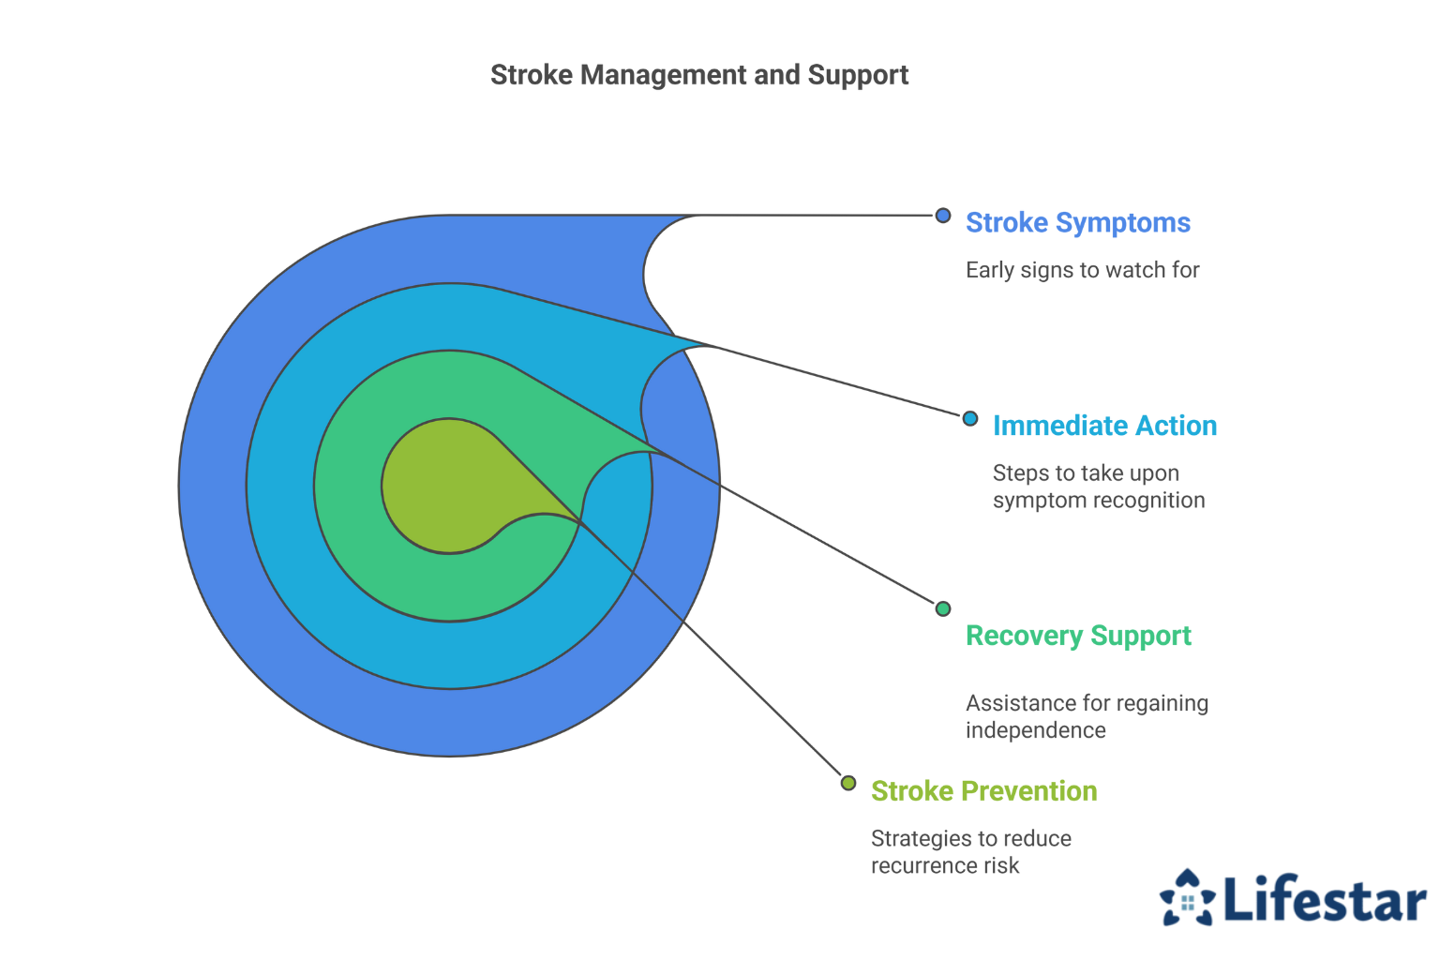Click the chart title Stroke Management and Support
point(699,75)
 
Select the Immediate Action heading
point(1105,426)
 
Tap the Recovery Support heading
point(1079,637)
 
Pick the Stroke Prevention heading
point(984,791)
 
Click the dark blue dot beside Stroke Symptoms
point(943,216)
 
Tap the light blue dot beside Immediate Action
point(970,418)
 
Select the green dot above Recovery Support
point(943,608)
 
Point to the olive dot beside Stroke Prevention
point(848,783)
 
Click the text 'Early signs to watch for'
point(1083,270)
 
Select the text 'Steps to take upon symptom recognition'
point(1099,487)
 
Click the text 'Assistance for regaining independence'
point(1087,717)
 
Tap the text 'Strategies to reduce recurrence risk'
point(971,852)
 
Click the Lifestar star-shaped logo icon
point(1187,897)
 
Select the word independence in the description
point(1036,730)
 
